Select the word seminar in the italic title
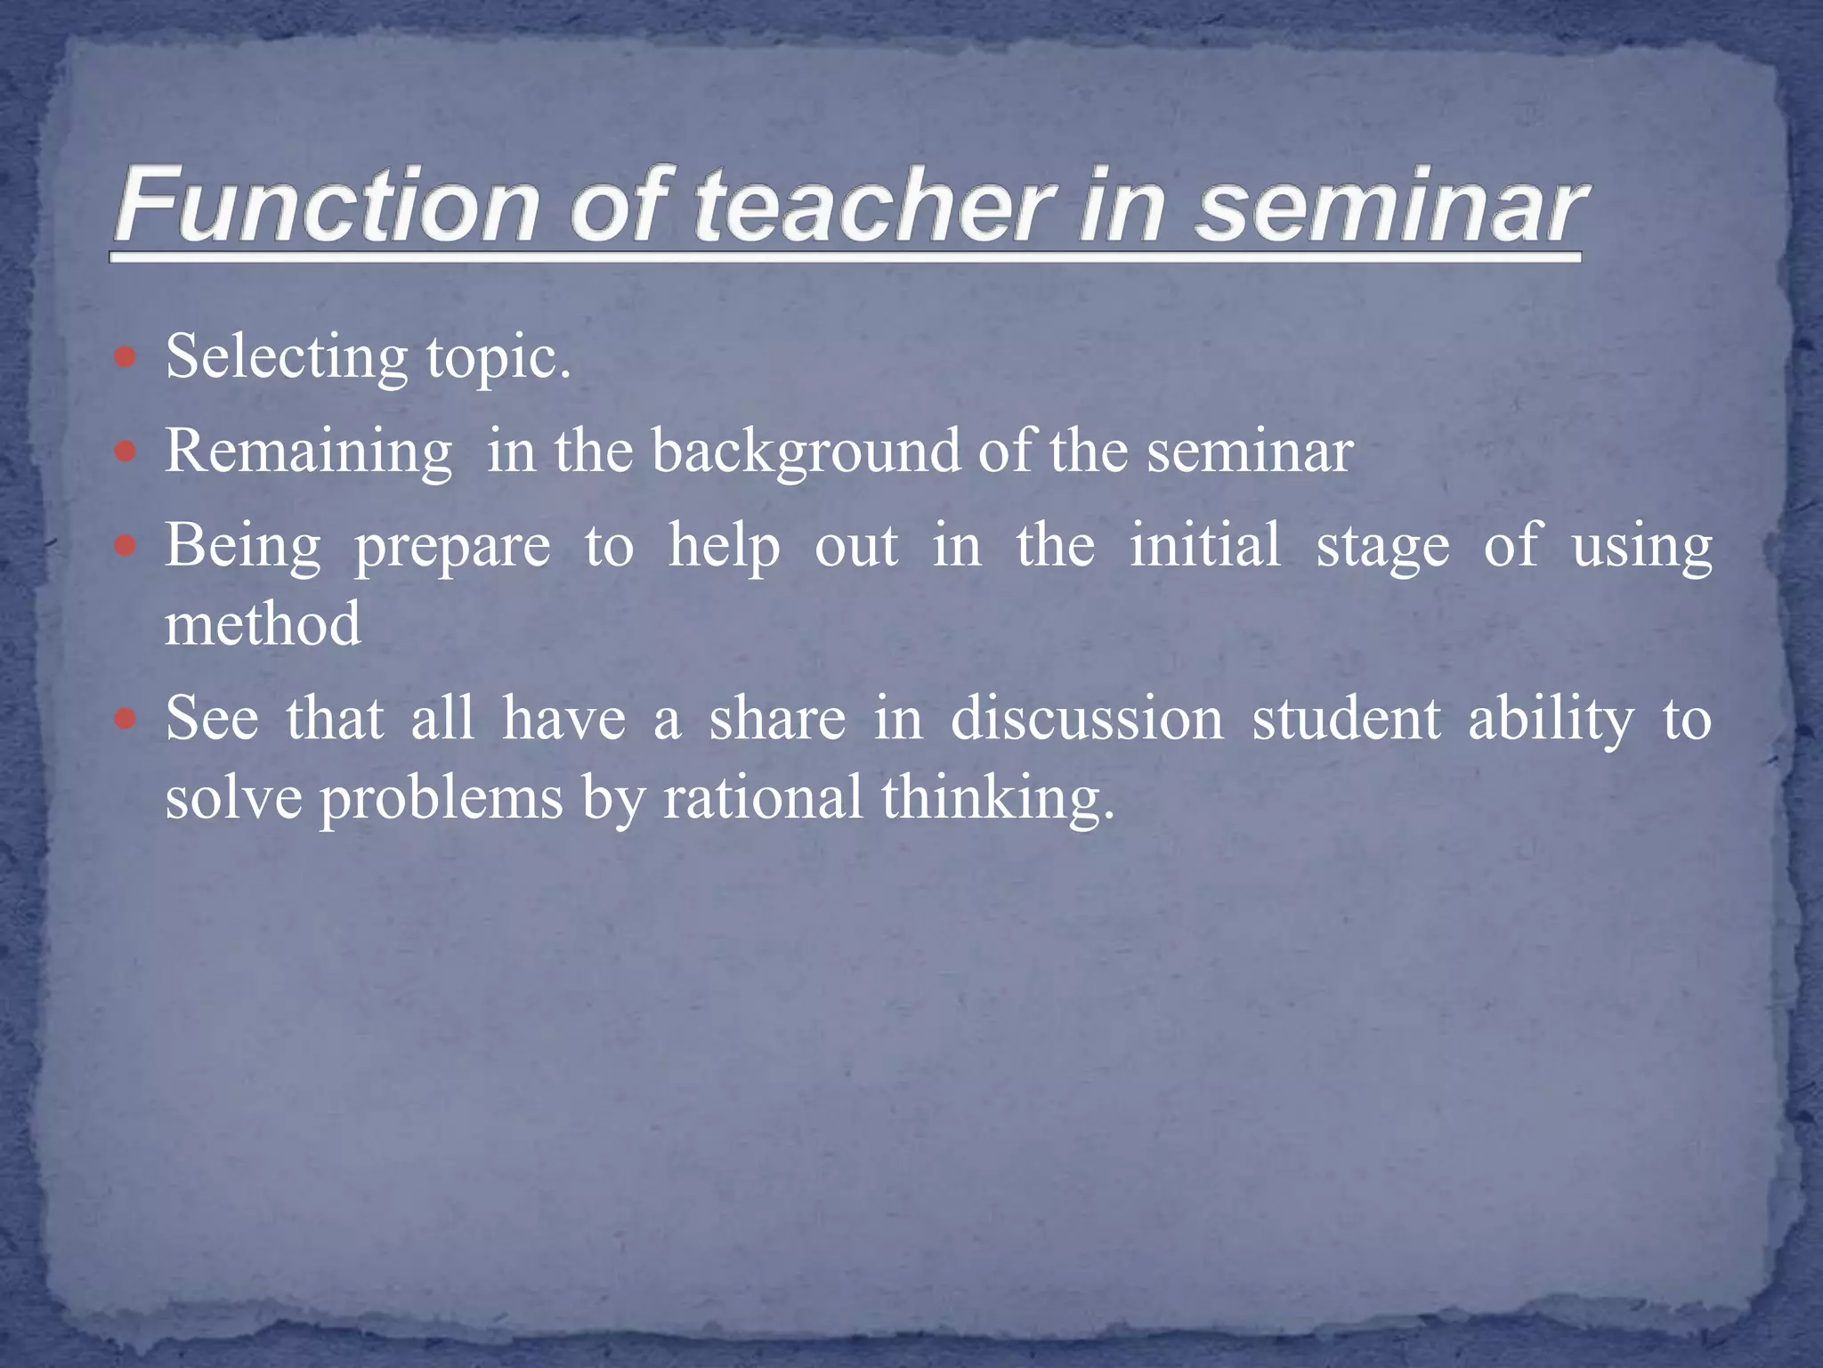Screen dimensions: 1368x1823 1389,207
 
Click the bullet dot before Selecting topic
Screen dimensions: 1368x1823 126,357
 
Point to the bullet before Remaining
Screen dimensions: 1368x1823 126,452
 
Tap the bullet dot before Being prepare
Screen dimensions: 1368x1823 126,545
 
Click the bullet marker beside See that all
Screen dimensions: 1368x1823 126,718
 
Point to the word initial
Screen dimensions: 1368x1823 1205,544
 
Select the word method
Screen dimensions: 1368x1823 263,623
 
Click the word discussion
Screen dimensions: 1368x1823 1087,719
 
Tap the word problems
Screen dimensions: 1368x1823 442,798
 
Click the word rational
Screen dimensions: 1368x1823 763,797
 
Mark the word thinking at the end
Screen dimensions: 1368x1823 997,798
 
